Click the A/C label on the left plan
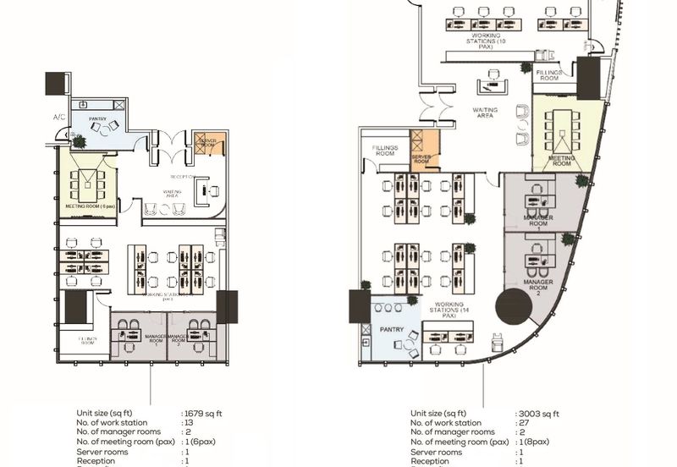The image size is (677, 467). point(59,117)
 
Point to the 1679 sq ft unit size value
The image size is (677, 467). point(203,414)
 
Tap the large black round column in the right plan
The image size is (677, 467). point(513,306)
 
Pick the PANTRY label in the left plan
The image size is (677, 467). point(97,119)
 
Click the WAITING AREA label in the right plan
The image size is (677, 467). point(485,113)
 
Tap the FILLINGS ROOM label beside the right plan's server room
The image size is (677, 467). point(385,151)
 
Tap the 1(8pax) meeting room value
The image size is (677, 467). point(537,442)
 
